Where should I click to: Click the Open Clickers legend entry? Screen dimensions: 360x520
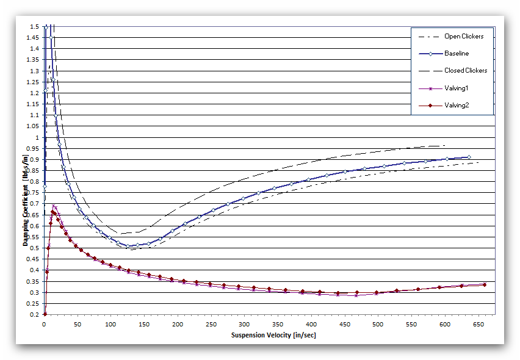pos(464,37)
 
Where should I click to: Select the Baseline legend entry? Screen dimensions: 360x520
pos(457,54)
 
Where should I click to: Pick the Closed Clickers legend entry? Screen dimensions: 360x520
pos(466,71)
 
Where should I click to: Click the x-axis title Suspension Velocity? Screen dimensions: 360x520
pos(273,335)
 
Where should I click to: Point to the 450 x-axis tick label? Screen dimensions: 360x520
pos(277,323)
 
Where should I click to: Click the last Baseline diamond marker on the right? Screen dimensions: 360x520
pos(469,157)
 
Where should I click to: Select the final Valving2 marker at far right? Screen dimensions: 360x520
pos(485,284)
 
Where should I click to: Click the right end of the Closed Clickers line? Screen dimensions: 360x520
pos(446,145)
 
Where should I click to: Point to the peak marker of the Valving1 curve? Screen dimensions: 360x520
pos(54,206)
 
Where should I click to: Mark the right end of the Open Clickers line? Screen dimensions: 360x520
pos(478,162)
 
